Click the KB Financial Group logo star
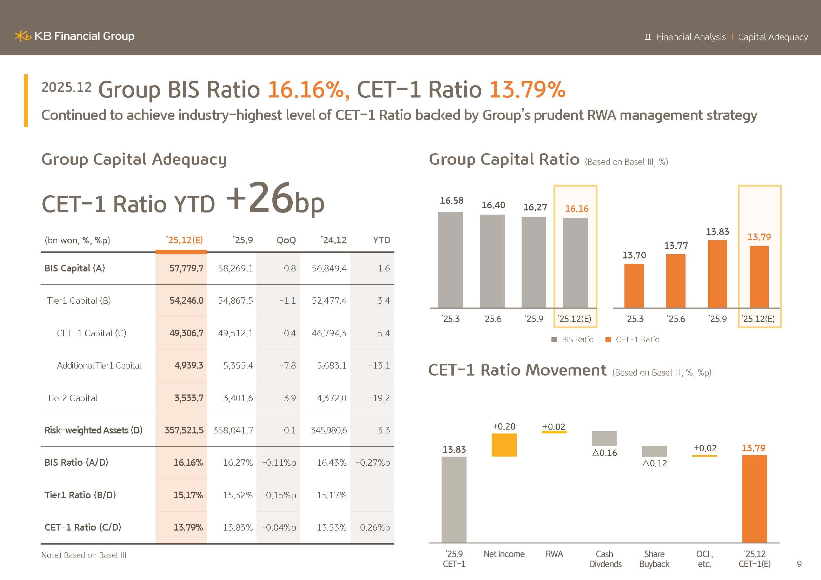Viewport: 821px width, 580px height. pos(22,36)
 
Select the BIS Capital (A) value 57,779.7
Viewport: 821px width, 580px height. pos(186,268)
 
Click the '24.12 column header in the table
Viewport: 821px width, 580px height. pos(333,240)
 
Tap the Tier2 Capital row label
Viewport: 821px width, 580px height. pos(72,398)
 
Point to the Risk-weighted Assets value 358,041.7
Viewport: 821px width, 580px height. pos(233,430)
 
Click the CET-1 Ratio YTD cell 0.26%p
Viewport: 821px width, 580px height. pos(375,527)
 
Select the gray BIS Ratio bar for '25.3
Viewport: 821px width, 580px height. pos(450,260)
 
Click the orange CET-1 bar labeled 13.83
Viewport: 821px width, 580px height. pos(717,274)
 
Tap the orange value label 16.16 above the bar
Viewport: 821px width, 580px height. pos(576,209)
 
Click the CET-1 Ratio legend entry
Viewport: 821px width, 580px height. pos(633,340)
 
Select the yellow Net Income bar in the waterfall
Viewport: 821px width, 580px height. pos(504,445)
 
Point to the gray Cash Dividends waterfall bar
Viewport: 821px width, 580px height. pos(604,438)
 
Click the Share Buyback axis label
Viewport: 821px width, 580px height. pos(654,559)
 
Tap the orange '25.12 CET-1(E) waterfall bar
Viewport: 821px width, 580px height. pos(754,499)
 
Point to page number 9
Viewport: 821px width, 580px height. pos(799,564)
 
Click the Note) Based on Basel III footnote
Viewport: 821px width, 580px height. pos(84,555)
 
